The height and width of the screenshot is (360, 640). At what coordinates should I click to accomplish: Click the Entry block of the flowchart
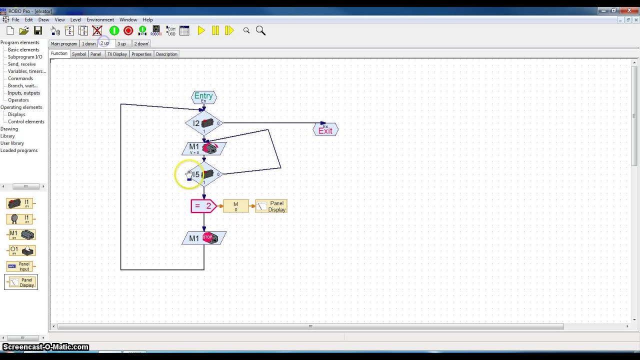[203, 97]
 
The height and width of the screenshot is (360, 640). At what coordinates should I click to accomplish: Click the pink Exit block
[325, 130]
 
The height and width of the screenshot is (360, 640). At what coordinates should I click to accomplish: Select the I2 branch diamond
[203, 123]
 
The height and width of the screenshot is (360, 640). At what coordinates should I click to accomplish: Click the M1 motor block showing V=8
[204, 148]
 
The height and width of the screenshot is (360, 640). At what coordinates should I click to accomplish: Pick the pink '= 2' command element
[203, 206]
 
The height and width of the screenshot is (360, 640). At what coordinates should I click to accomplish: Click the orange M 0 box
[235, 206]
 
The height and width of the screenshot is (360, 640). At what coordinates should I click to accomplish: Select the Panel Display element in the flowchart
[271, 206]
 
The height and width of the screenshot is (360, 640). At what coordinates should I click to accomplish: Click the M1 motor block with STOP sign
[204, 238]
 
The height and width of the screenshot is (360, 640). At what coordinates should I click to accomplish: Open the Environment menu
[100, 20]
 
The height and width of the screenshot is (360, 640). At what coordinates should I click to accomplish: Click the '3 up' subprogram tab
[121, 44]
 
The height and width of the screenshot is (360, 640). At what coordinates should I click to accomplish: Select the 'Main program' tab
[63, 44]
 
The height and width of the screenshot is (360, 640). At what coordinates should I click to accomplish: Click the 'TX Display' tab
[117, 54]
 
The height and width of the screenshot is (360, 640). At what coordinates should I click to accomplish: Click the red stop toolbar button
[128, 31]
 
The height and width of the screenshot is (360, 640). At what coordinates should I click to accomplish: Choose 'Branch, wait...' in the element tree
[22, 85]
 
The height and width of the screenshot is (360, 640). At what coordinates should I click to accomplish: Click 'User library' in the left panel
[12, 143]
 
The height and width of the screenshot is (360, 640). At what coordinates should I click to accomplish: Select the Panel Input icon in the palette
[20, 266]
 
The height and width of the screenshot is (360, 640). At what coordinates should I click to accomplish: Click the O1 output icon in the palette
[20, 250]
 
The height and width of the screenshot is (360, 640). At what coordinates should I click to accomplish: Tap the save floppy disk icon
[38, 31]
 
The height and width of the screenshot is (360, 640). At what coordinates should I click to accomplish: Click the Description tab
[166, 54]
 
